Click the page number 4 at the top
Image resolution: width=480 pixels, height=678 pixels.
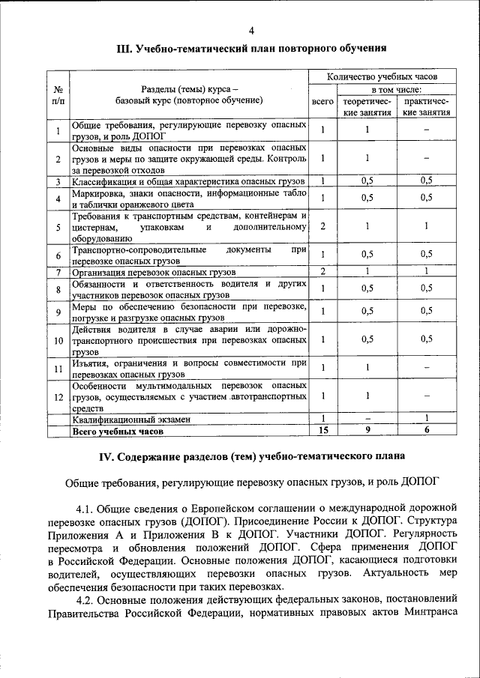click(251, 30)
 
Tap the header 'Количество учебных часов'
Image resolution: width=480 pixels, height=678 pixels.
click(382, 76)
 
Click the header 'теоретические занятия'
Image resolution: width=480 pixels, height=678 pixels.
click(367, 106)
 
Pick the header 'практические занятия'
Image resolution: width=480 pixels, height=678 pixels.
click(426, 106)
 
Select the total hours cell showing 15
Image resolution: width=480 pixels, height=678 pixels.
click(323, 431)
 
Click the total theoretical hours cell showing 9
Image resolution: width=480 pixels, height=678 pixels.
click(367, 431)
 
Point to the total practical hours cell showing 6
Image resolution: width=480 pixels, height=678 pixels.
click(426, 431)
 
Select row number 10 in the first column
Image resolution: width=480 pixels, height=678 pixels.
click(58, 341)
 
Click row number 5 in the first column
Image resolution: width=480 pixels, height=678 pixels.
click(58, 227)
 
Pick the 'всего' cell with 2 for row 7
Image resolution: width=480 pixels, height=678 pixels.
click(322, 271)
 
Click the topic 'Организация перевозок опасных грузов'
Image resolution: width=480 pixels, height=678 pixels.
click(154, 272)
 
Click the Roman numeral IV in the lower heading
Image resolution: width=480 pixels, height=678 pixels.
click(109, 455)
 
